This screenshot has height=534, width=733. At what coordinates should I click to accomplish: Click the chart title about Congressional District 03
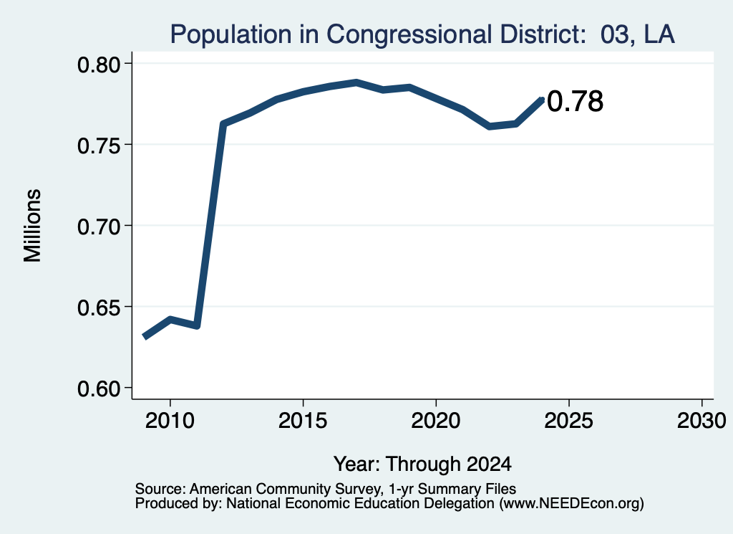point(422,34)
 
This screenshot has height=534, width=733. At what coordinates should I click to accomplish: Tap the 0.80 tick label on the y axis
point(98,65)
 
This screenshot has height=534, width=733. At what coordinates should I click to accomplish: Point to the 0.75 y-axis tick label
point(98,146)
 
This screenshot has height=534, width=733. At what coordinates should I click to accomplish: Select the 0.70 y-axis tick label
point(98,227)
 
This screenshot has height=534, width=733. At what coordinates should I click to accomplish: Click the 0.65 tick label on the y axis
point(98,308)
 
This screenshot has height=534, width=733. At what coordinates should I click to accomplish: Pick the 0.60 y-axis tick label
point(98,389)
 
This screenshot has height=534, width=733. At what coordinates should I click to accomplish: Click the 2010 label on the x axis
point(170,421)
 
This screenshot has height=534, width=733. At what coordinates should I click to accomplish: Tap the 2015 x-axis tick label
point(303,421)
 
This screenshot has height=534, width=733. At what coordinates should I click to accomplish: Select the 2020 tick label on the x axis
point(436,421)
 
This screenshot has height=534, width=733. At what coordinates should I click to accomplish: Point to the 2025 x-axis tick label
point(569,421)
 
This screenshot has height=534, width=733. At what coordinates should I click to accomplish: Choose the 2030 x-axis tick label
point(702,421)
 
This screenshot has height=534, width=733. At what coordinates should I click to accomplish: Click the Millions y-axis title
point(33,226)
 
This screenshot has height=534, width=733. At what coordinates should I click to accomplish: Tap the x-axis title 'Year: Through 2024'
point(422,464)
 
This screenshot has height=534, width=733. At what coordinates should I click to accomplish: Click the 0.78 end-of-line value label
point(575,102)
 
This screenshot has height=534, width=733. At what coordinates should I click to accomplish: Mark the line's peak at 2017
point(356,83)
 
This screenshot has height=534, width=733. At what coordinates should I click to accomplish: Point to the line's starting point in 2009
point(145,336)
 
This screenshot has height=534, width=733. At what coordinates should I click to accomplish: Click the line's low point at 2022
point(490,126)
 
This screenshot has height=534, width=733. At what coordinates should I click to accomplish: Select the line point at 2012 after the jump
point(223,124)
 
